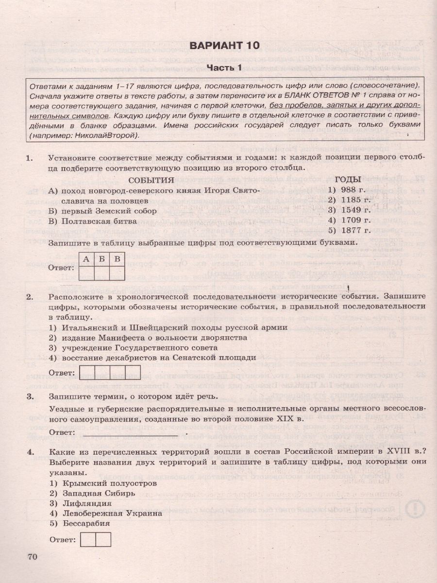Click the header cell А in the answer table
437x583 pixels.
(86, 259)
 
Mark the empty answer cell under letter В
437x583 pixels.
(118, 274)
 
